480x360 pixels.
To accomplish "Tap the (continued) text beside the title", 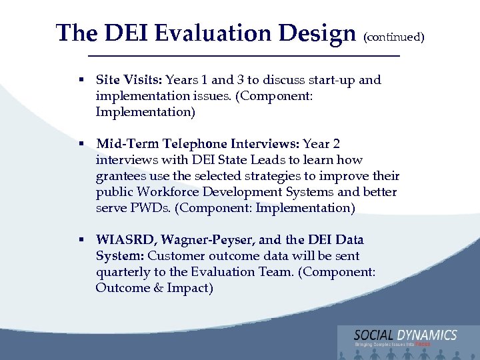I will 394,37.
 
